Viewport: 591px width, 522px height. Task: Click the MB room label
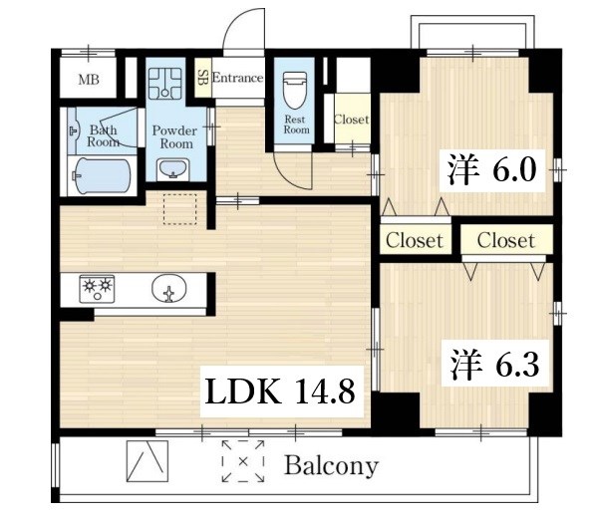[x=89, y=80]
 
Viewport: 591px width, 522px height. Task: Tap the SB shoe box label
[x=202, y=78]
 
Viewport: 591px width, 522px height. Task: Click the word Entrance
[x=237, y=78]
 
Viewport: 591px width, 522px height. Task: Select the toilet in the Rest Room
[x=294, y=90]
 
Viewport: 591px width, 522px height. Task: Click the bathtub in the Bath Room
[x=102, y=176]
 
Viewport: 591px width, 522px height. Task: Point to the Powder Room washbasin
[x=173, y=168]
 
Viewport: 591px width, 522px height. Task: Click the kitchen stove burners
[x=97, y=289]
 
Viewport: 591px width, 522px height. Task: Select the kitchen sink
[x=168, y=289]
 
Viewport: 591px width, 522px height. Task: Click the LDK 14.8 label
[x=281, y=391]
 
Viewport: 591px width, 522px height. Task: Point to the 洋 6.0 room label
[x=492, y=170]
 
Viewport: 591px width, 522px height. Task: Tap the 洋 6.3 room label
[x=494, y=364]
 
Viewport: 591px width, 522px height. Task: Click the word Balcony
[x=331, y=465]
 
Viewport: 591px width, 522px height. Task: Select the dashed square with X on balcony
[x=243, y=461]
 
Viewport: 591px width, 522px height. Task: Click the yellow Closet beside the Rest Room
[x=352, y=119]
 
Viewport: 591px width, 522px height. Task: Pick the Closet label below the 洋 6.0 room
[x=415, y=240]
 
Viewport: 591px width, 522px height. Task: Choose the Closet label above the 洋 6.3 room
[x=506, y=240]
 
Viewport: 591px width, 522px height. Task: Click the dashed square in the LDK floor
[x=179, y=209]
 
